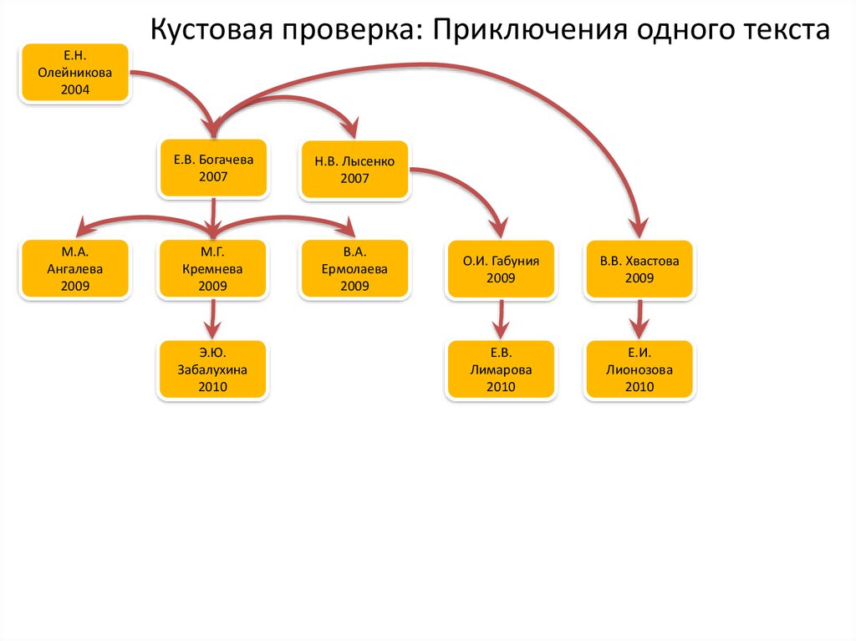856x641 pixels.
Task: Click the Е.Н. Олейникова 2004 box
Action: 75,74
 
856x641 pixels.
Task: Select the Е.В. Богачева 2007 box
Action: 213,167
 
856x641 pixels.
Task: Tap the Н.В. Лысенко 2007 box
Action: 354,170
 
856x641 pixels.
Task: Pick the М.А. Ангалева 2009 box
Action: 75,269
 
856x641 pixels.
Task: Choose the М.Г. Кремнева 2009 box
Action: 213,269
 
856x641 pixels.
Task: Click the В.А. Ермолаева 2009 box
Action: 354,269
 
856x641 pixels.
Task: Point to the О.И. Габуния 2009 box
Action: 501,269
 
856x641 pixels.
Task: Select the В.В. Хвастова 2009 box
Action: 639,269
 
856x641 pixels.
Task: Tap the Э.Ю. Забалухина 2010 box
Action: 213,369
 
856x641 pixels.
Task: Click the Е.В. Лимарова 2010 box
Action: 501,369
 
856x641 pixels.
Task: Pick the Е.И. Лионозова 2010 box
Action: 639,369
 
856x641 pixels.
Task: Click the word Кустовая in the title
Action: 211,31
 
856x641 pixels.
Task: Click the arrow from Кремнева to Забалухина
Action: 213,318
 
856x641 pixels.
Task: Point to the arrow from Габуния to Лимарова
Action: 501,318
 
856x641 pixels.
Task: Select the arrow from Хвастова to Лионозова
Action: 639,318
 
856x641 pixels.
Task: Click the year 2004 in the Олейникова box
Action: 75,89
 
